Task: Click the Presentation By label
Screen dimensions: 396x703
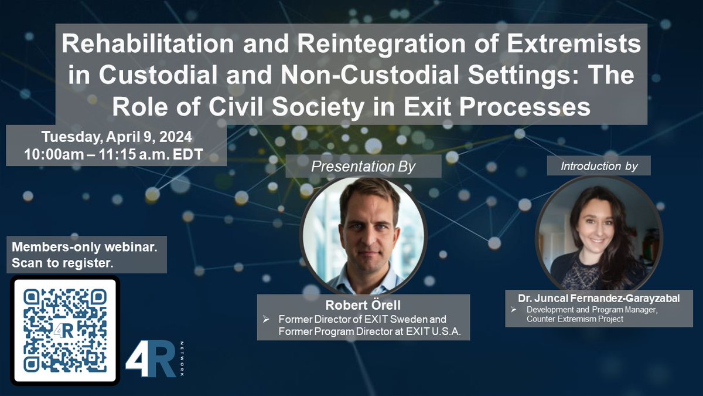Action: point(363,167)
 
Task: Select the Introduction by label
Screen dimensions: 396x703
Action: point(599,167)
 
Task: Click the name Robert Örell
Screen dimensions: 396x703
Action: point(363,306)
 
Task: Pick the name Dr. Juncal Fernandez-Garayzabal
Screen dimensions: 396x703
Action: point(599,299)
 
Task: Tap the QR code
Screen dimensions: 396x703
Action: point(65,330)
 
